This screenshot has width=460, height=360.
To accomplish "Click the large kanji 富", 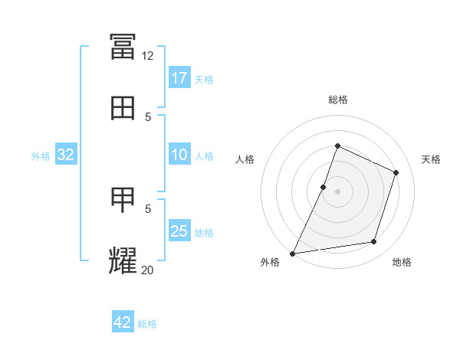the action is (123, 47).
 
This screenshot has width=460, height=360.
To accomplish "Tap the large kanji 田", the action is (123, 108).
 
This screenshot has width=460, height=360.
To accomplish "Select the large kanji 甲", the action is (123, 200).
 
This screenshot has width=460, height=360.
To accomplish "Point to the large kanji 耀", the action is (123, 260).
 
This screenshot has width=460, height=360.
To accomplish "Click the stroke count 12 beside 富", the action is (147, 56).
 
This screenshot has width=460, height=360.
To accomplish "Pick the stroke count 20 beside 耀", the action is (147, 270).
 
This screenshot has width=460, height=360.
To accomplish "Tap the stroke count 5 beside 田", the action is (148, 117).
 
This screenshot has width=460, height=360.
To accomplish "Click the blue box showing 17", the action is (179, 77).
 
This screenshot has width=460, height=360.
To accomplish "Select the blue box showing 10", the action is (179, 154).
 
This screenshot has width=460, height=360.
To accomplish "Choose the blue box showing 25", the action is (179, 230).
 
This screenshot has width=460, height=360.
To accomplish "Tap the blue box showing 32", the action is (66, 154).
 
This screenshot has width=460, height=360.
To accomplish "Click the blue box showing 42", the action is (123, 321).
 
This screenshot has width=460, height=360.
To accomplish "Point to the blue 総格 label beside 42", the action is (147, 324).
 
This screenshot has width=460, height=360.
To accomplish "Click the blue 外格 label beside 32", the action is (41, 156).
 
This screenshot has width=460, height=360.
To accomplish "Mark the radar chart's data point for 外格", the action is (292, 254).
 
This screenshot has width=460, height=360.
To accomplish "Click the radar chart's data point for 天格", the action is (396, 172).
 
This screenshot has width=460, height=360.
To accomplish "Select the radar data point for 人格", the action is (323, 188).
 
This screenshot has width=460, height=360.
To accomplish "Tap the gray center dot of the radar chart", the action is (337, 191).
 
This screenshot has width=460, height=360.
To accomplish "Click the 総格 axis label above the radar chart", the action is (338, 100).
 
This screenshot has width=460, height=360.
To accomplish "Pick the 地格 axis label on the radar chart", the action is (402, 262).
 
